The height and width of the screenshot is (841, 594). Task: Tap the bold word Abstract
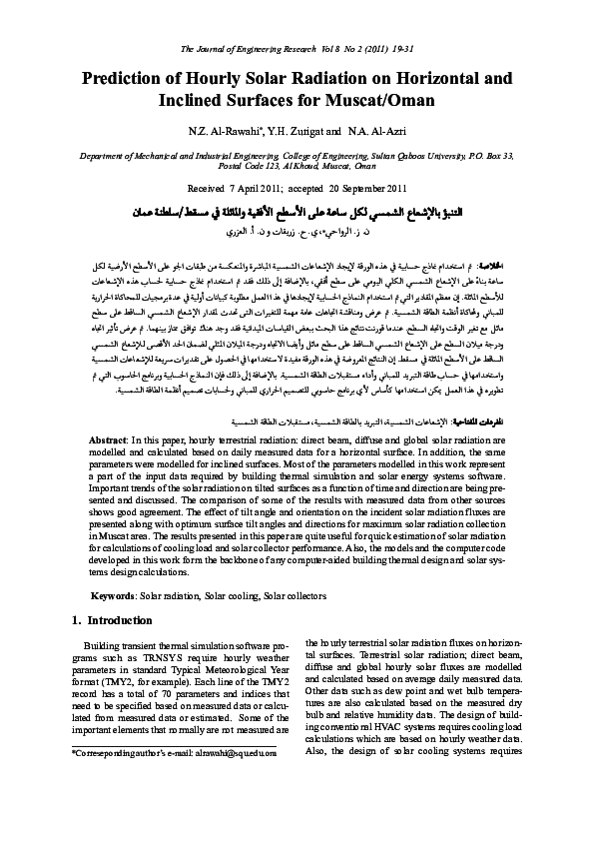[x=108, y=440]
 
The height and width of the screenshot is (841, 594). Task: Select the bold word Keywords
[x=112, y=595]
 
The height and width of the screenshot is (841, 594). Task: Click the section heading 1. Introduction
[x=113, y=620]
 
